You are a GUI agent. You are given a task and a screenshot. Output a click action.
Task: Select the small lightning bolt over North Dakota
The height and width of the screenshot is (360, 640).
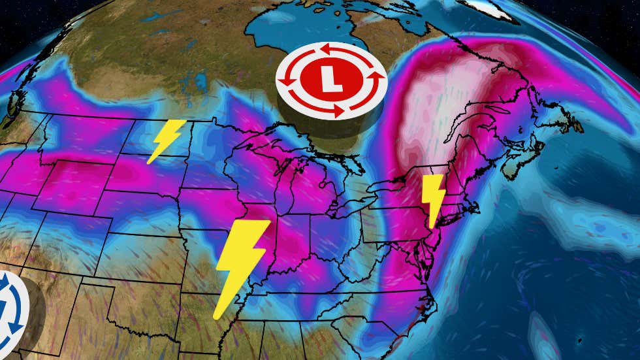click(x=166, y=140)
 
